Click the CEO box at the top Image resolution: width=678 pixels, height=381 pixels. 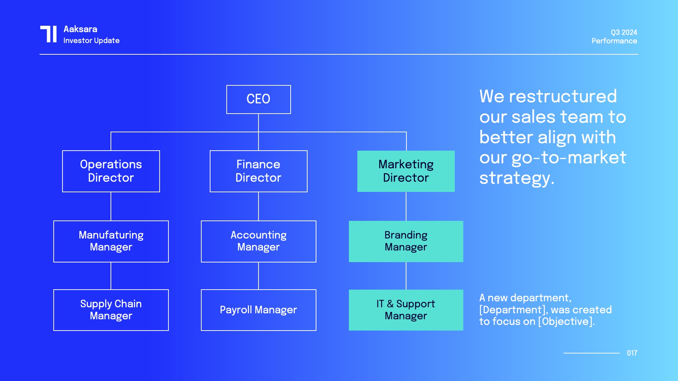click(258, 99)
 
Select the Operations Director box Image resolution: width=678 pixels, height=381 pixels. click(111, 171)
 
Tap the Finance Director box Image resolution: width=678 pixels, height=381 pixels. click(258, 171)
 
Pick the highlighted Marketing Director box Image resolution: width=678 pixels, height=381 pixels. click(406, 171)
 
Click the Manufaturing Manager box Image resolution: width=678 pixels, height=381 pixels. click(111, 241)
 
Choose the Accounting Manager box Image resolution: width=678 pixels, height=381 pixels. click(258, 241)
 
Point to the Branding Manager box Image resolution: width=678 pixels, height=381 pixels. click(406, 241)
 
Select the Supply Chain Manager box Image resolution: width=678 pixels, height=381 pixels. click(111, 310)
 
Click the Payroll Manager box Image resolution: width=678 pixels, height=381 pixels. click(258, 310)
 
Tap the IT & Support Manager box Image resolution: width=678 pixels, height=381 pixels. click(406, 310)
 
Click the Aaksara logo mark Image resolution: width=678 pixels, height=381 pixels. click(48, 34)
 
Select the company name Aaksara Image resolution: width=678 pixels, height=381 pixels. click(81, 29)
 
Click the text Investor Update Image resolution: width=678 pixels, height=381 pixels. click(91, 41)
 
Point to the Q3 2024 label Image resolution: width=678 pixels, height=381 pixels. click(624, 32)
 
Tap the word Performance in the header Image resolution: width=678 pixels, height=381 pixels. click(614, 41)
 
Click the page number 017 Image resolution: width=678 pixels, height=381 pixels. click(632, 353)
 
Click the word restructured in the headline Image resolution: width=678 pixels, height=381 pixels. click(563, 96)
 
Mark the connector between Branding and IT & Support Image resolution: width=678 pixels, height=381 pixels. click(406, 276)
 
